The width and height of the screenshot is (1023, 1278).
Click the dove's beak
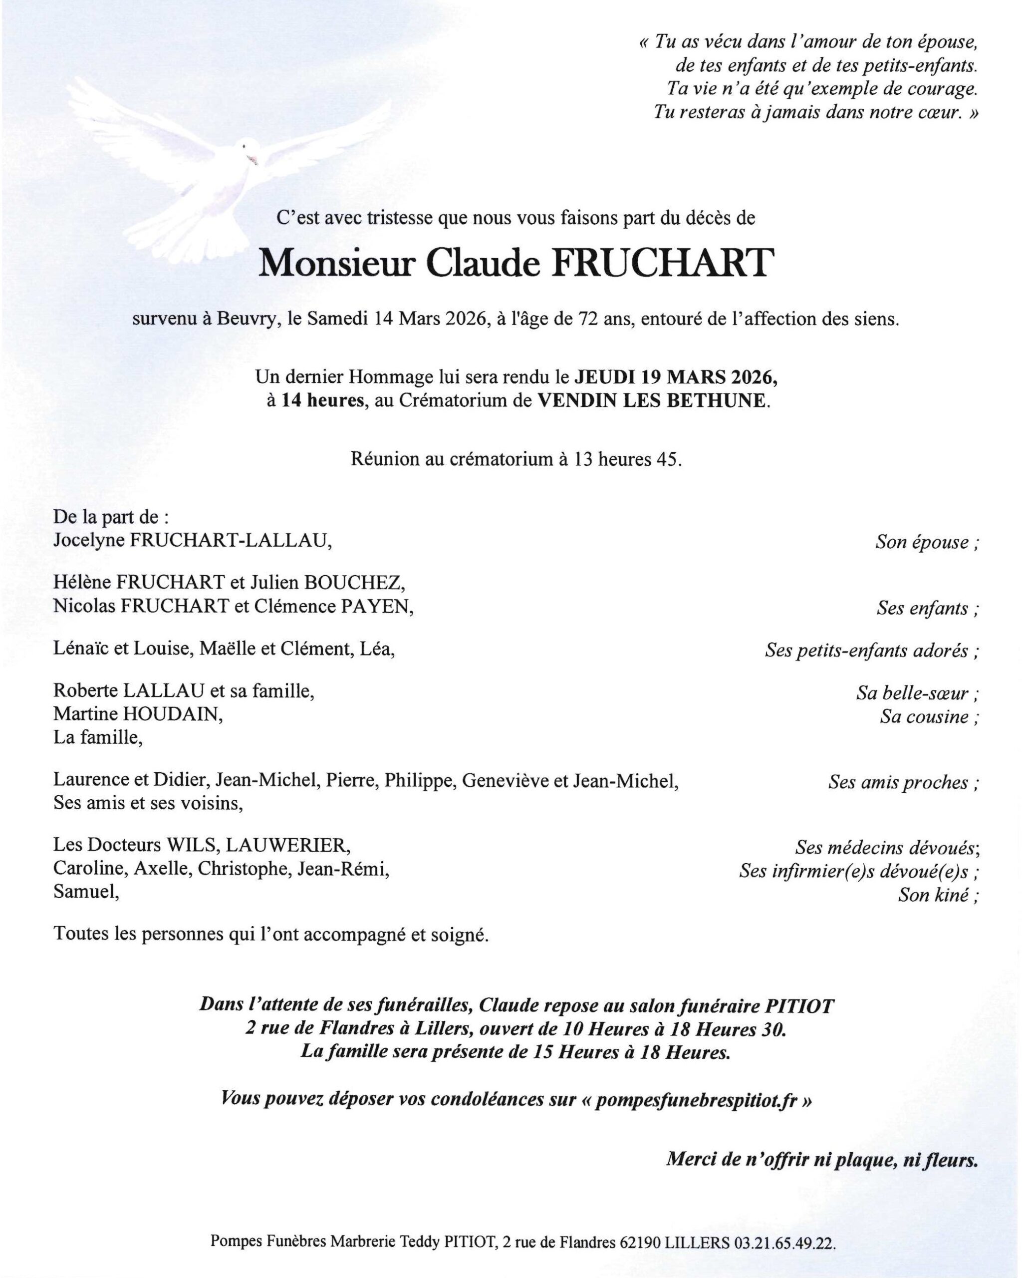(x=254, y=160)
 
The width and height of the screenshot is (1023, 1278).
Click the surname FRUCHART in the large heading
(x=663, y=263)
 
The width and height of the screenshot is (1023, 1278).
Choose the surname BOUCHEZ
(x=354, y=583)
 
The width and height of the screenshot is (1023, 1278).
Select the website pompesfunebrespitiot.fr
(x=695, y=1101)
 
